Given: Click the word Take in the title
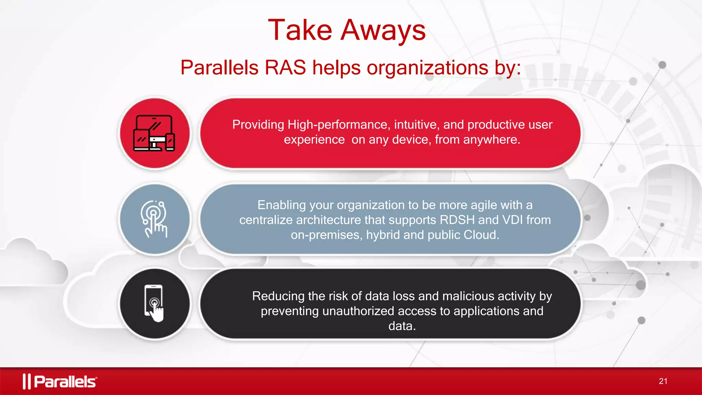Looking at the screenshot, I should pos(300,30).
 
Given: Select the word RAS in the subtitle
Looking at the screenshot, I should pos(285,67).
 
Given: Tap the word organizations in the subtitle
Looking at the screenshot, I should pos(427,68).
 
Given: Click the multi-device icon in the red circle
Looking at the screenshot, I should pos(154,133).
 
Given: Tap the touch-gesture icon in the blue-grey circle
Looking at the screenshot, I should pos(154,219).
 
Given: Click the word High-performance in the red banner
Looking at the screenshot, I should pos(339,124).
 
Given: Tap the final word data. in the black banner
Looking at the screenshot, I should pos(402,326).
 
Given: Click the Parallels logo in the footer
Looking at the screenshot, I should pos(60,381).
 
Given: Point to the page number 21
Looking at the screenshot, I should pos(663,381).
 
